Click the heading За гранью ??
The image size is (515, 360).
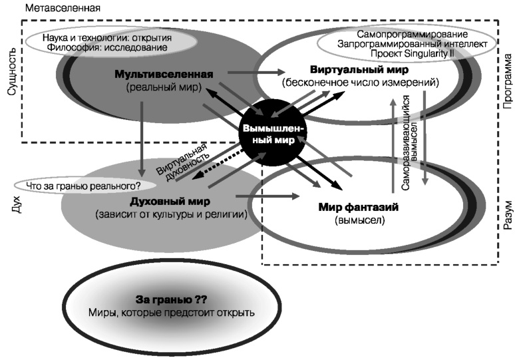click(x=172, y=299)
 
